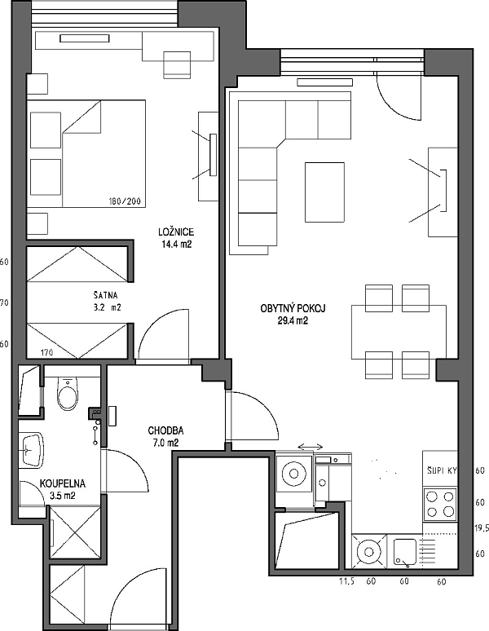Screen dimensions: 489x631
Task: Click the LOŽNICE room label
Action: coord(176,232)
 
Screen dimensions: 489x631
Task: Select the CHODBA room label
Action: coord(165,430)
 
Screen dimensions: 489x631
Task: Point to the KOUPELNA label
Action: coord(62,483)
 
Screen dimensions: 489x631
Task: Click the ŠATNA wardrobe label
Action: coord(105,295)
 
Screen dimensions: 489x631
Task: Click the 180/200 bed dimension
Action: coord(125,201)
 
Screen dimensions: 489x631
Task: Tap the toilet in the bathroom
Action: coord(66,394)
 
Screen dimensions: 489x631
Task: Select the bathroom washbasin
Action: coord(31,450)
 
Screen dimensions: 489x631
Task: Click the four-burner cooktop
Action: coord(440,505)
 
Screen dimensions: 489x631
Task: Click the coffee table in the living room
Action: coord(324,192)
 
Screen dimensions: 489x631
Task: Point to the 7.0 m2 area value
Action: coord(165,443)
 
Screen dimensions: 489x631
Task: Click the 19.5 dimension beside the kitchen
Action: coord(482,528)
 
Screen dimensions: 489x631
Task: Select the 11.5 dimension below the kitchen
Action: coord(346,581)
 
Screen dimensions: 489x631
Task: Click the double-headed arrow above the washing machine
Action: coord(310,447)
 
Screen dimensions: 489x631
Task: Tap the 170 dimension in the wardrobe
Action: coord(47,353)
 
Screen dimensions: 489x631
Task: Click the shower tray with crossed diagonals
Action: coord(76,532)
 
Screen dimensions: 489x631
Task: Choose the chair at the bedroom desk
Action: coord(177,64)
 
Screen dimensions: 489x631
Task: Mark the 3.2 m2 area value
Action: coord(107,307)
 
